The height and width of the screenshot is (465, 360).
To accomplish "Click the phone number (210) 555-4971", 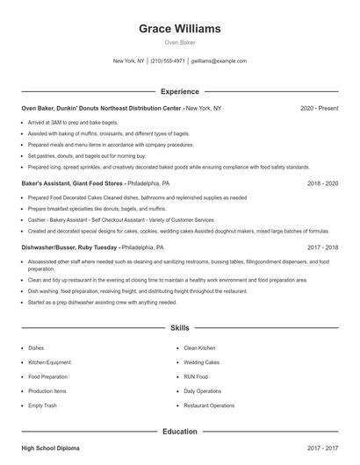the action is click(x=168, y=61).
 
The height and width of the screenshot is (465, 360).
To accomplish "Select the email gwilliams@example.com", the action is click(x=219, y=61).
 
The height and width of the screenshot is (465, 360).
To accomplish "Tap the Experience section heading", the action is click(x=180, y=91).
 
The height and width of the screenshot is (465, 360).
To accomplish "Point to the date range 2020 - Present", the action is click(x=319, y=108).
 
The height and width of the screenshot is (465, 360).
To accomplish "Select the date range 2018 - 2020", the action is click(x=322, y=184).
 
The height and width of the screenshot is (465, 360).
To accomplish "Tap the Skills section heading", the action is click(x=180, y=328).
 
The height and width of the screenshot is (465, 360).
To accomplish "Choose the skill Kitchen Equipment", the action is click(x=50, y=361).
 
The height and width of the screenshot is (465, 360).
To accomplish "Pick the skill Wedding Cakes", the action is click(x=201, y=361).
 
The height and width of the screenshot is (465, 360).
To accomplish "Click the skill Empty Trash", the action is click(x=42, y=405).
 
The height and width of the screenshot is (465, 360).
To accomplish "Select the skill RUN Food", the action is click(x=196, y=376).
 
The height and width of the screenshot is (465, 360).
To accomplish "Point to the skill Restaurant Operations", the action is click(x=209, y=405).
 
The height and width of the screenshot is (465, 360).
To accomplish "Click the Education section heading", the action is click(x=180, y=432).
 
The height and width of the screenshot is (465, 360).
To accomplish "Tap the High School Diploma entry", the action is click(x=50, y=448).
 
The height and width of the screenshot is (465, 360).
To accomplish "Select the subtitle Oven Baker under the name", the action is click(x=180, y=42).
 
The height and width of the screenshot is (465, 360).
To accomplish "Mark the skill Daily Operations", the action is click(x=203, y=390).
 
